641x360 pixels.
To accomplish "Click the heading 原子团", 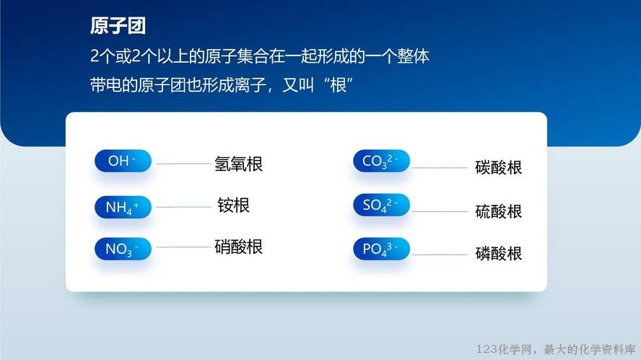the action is point(118,26).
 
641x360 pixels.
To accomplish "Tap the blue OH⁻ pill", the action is point(123,161).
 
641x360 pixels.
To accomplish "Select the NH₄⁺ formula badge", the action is point(123,207).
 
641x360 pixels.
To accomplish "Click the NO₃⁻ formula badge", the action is point(123,248).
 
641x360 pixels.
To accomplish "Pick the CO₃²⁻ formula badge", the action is point(381,161).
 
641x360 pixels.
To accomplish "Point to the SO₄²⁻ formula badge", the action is point(381,205).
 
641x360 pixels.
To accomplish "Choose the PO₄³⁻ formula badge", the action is point(381,248).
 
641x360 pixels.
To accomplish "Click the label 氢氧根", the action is point(239,164).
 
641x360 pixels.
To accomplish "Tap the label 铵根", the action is point(233,205).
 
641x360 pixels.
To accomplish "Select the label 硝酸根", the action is point(239,247).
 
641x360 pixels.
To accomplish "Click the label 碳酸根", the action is point(499,167).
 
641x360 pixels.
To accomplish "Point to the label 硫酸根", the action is point(499,211).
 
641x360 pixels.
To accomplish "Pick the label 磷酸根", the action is point(499,254).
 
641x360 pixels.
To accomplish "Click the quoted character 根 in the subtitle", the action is point(338,85).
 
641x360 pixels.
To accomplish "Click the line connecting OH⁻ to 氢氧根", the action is point(183,164).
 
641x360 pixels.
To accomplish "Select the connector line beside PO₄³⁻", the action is point(440,255).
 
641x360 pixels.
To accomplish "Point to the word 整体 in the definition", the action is point(414,56).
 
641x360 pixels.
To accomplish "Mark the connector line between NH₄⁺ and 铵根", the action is point(183,207).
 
